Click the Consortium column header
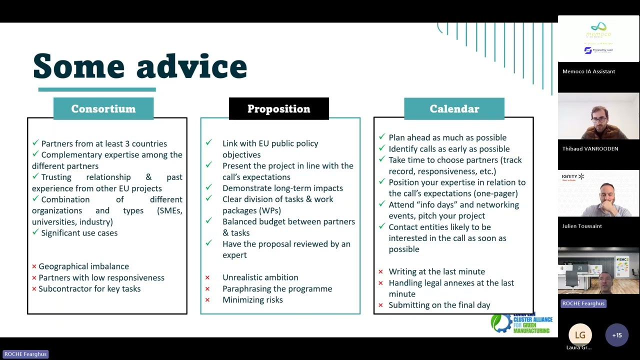[x=103, y=109]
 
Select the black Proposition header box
[x=278, y=109]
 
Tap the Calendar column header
[x=454, y=109]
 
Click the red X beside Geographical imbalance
[x=34, y=267]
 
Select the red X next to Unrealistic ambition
[x=207, y=278]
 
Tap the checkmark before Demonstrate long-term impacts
[x=208, y=188]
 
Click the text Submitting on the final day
[x=439, y=305]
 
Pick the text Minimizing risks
[x=252, y=300]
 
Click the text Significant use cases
[x=79, y=233]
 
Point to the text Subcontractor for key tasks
[x=89, y=289]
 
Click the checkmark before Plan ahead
[x=382, y=137]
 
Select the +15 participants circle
[x=616, y=335]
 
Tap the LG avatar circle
[x=580, y=335]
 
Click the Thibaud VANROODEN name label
[x=590, y=149]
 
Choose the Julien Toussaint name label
[x=582, y=226]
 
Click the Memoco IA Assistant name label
[x=588, y=71]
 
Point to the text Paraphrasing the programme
[x=277, y=289]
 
